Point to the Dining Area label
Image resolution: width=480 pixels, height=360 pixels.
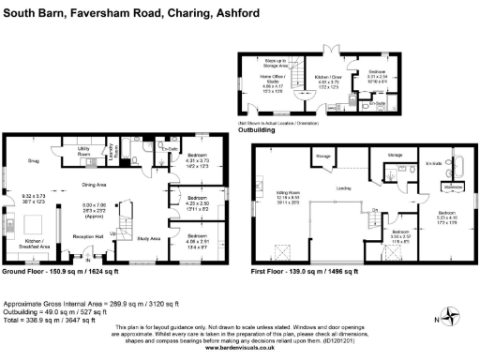click(x=95, y=186)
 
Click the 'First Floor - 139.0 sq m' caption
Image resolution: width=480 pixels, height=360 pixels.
click(x=305, y=272)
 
